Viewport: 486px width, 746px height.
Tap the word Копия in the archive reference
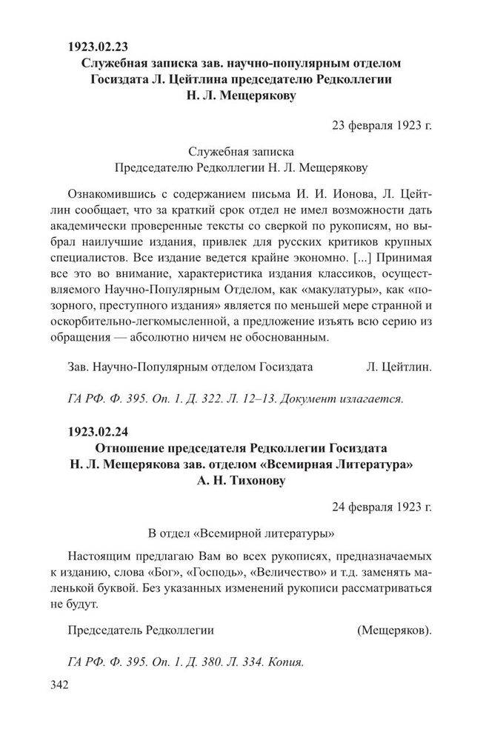(286, 662)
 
